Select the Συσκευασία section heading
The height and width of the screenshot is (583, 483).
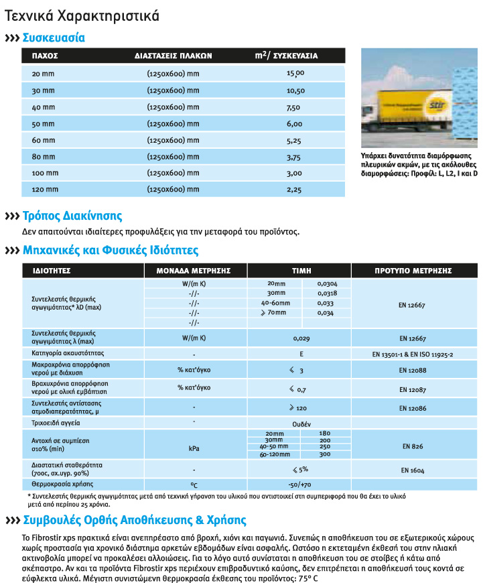tap(54, 38)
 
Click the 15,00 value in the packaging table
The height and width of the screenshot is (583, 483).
tap(295, 73)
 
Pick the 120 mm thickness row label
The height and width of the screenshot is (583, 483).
tap(44, 190)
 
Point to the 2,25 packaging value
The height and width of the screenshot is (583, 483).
tap(295, 190)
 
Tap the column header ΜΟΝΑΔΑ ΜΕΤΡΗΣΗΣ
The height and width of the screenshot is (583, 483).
tap(194, 271)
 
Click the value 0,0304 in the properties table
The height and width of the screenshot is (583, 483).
tap(327, 284)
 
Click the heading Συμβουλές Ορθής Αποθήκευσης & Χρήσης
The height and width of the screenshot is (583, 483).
tap(135, 520)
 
